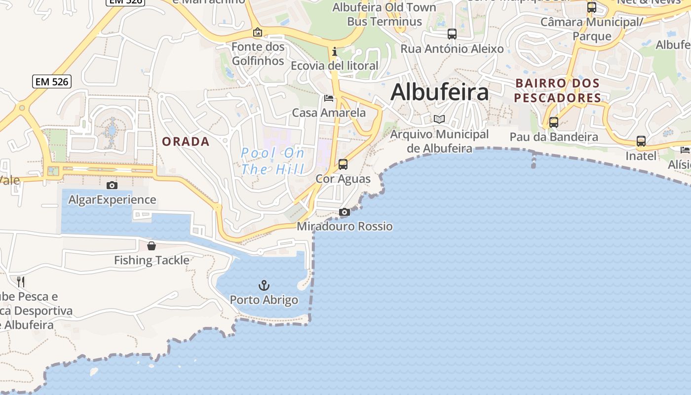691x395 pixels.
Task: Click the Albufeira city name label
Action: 440,92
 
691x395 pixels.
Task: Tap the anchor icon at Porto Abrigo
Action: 264,285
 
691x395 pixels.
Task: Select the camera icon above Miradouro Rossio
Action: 345,212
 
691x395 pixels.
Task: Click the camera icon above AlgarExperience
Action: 112,185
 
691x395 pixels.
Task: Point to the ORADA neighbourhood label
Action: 186,142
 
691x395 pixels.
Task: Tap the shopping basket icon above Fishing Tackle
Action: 152,245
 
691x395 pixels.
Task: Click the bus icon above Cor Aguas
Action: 343,164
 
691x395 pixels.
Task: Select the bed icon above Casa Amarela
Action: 329,98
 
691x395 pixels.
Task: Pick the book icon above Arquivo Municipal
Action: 439,119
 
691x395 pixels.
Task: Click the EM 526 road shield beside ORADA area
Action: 52,81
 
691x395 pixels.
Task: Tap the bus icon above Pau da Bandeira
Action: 554,122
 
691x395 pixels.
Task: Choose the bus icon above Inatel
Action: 641,141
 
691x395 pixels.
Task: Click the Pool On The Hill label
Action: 273,161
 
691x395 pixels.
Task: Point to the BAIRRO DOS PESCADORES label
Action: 558,90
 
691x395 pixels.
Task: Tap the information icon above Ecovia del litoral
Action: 335,51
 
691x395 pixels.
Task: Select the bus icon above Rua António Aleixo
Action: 452,34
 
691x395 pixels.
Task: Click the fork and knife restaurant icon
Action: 21,282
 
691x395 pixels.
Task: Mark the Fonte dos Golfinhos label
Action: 258,54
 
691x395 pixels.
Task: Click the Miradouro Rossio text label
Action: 345,227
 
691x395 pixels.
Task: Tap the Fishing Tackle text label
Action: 152,260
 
